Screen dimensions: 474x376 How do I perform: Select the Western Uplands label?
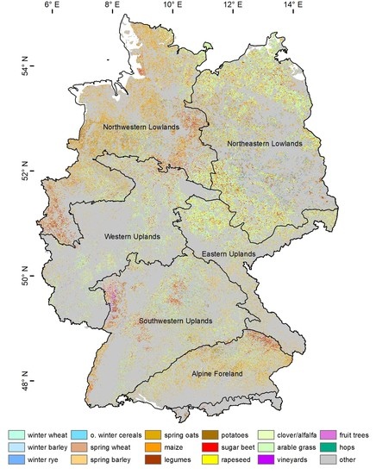(135, 236)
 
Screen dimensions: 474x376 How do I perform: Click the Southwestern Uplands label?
(176, 321)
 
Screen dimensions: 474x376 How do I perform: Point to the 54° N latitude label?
(10, 68)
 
